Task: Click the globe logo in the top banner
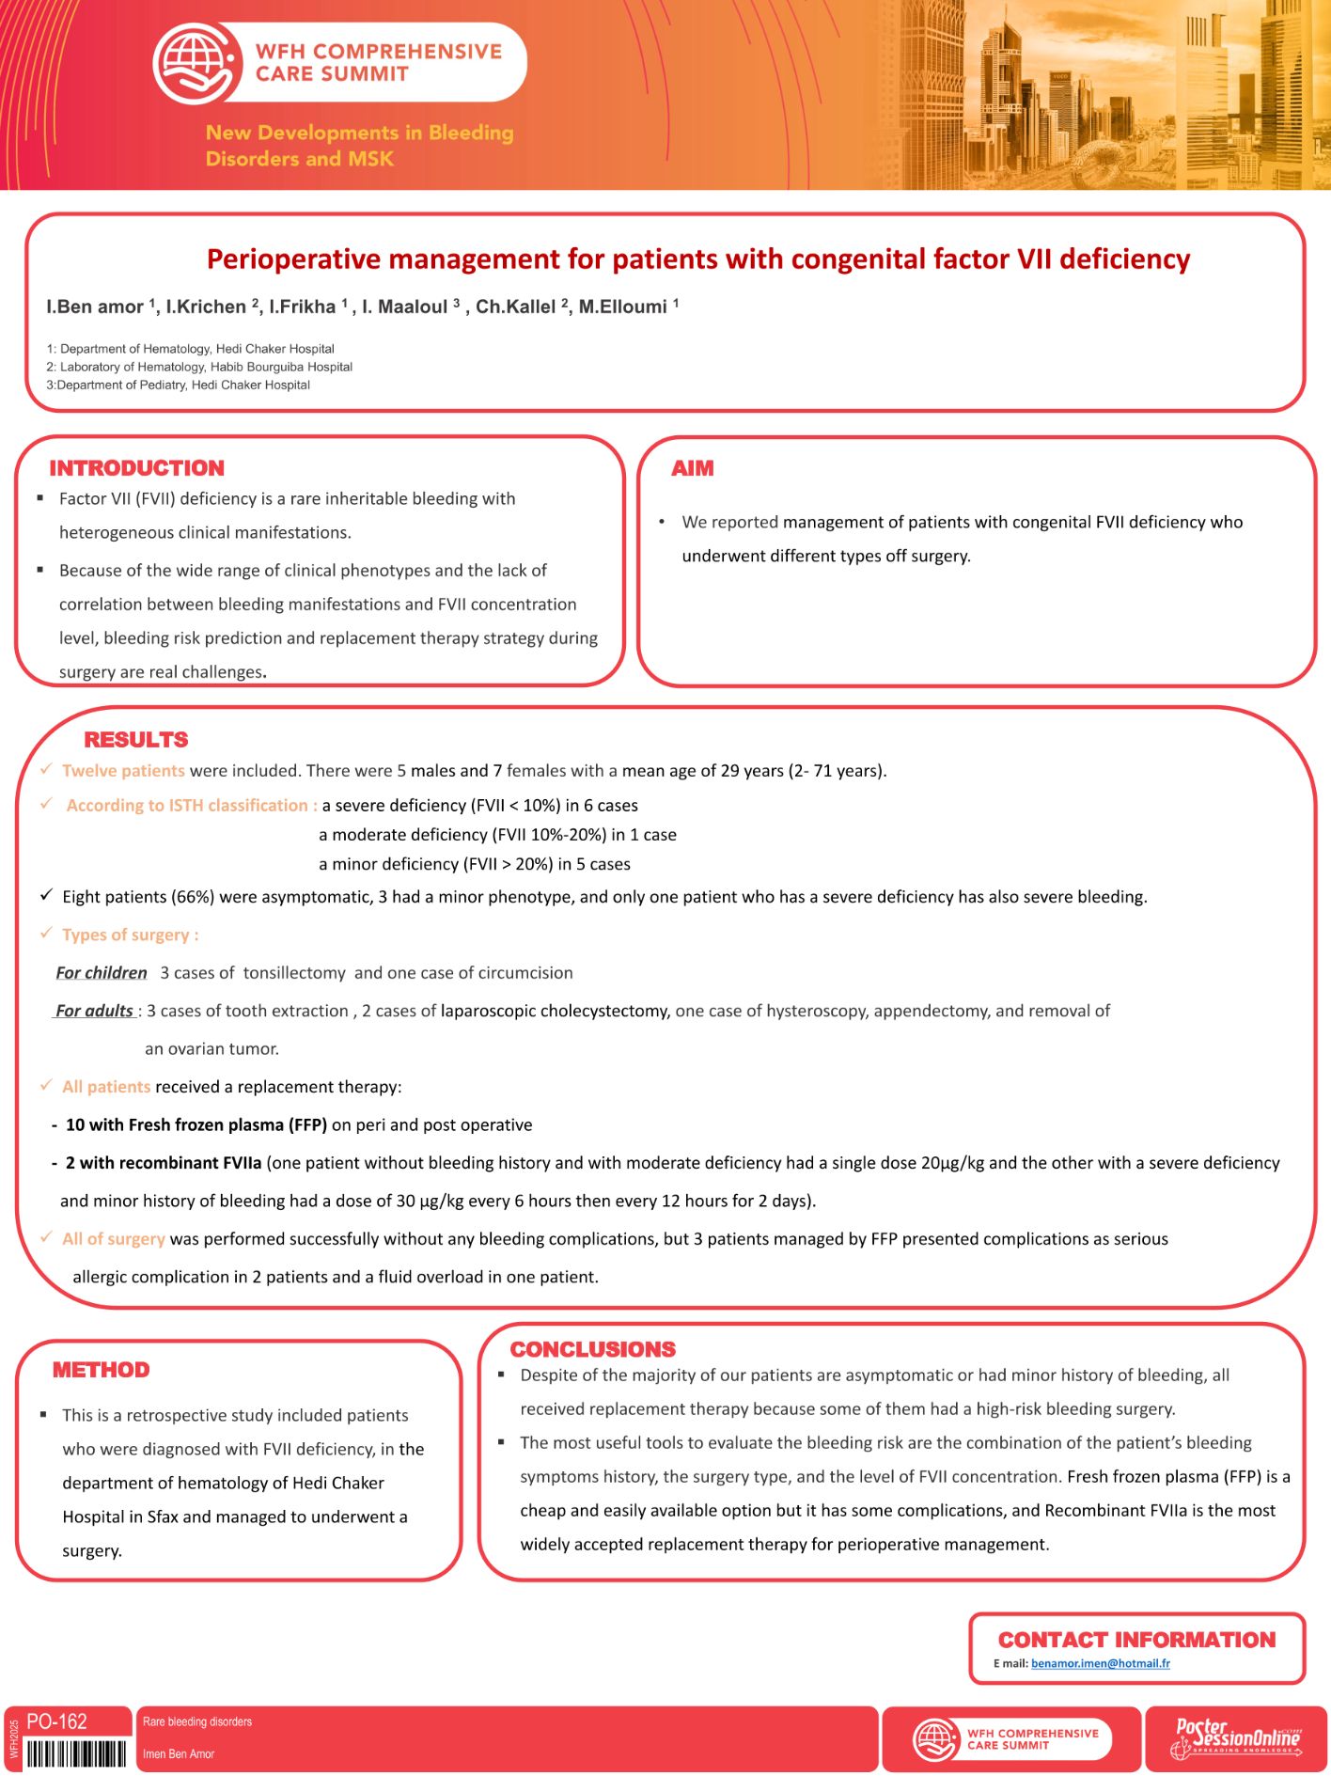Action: point(195,62)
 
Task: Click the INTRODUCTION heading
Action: point(137,468)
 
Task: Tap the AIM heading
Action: point(693,468)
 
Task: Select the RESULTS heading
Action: point(136,740)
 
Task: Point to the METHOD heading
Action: point(102,1370)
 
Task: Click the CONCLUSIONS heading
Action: point(592,1349)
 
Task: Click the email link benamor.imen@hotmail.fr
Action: point(1100,1663)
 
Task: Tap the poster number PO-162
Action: point(57,1721)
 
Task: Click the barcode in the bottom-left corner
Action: point(75,1753)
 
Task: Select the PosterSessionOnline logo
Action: point(1236,1739)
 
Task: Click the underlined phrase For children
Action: point(102,973)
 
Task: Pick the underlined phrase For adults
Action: point(94,1011)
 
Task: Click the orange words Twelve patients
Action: point(123,771)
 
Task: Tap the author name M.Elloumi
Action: point(623,306)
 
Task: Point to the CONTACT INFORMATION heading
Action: point(1136,1640)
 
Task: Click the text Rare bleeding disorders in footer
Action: point(197,1721)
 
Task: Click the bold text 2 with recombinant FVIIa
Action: point(164,1163)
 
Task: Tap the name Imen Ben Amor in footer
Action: point(179,1753)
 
